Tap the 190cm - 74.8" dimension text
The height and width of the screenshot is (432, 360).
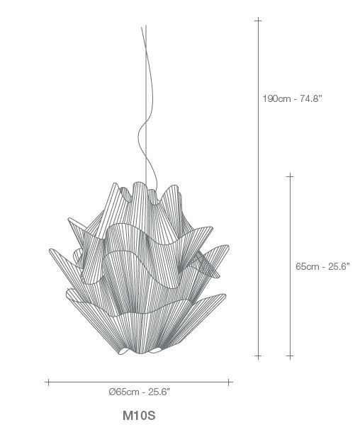[x=292, y=98]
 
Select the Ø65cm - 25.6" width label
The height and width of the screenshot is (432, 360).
[x=140, y=392]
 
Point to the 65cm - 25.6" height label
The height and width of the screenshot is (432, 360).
[x=322, y=266]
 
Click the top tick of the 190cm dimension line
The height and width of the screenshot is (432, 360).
[x=258, y=20]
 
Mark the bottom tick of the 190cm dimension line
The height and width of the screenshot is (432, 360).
[x=258, y=356]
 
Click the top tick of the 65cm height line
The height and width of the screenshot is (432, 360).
[x=290, y=176]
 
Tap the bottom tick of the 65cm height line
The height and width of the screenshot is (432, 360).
[x=290, y=356]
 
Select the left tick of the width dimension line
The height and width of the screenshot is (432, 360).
[x=48, y=382]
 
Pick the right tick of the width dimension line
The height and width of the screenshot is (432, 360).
[x=228, y=382]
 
